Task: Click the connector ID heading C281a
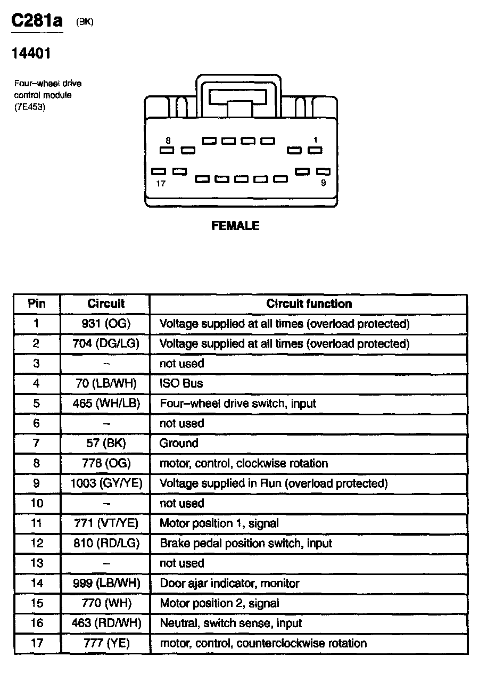(37, 21)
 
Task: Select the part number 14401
(31, 54)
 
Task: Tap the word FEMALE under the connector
(235, 226)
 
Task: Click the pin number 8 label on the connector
(168, 141)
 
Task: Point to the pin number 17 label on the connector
(161, 184)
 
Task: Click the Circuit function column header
(309, 304)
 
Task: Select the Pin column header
(37, 304)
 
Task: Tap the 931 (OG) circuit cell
(106, 324)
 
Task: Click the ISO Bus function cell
(181, 383)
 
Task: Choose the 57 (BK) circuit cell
(106, 444)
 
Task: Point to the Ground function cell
(179, 444)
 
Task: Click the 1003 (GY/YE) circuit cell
(106, 483)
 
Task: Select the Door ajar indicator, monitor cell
(229, 584)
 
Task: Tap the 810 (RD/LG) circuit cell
(106, 544)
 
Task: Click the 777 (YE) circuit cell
(106, 643)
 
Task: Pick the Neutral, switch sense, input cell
(230, 623)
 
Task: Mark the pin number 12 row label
(36, 544)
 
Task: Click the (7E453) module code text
(30, 107)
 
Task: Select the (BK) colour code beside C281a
(85, 22)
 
